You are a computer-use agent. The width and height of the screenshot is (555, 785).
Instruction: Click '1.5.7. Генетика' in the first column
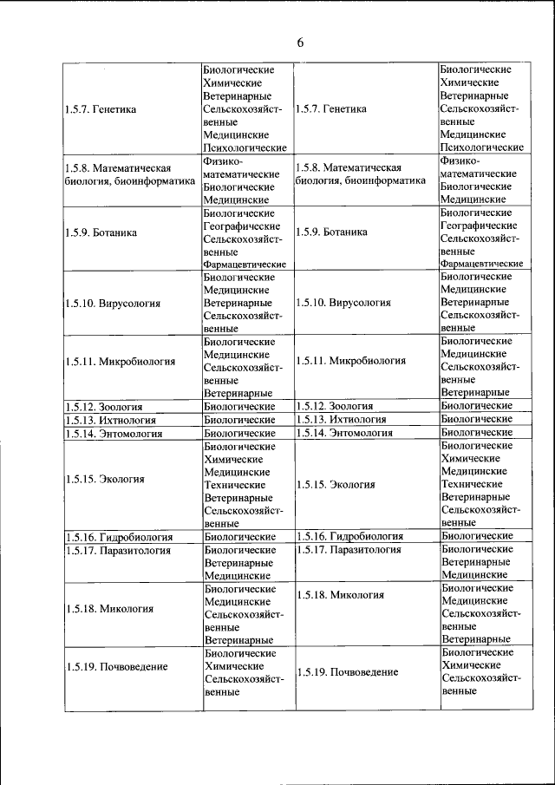tap(101, 109)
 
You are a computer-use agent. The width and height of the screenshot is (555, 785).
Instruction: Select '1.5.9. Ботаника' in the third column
tap(330, 232)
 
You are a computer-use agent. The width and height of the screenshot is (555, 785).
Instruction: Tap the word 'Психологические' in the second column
tap(245, 149)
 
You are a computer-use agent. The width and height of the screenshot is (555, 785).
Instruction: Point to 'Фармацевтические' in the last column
tap(481, 263)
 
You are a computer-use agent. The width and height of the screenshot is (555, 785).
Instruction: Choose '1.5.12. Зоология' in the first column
tap(103, 406)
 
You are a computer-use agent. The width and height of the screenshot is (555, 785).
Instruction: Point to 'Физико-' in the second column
tap(223, 161)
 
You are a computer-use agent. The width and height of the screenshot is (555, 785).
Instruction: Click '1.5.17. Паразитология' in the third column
tap(348, 550)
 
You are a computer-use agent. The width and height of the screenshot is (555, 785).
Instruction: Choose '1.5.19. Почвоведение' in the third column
tap(347, 672)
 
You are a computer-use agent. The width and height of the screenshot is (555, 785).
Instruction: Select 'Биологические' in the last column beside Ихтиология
tap(476, 419)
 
